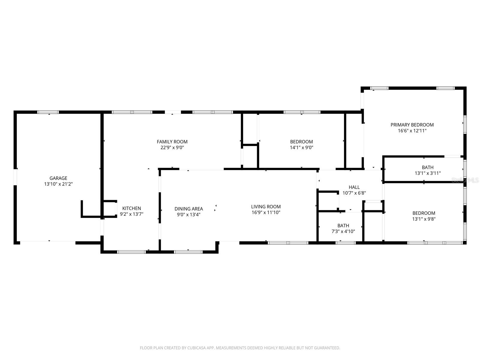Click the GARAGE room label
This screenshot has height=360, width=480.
tap(58, 178)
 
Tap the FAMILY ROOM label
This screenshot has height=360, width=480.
tap(172, 142)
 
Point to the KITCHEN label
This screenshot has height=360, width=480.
tap(131, 208)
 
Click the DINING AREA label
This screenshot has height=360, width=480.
tap(189, 209)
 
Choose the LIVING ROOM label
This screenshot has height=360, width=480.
tap(266, 207)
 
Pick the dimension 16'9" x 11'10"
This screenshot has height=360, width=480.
tap(266, 213)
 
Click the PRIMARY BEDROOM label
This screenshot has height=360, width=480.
tap(412, 125)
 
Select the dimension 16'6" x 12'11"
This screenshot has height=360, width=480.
tap(412, 131)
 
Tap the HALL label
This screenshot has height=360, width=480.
tap(354, 187)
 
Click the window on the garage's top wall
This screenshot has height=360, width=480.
tap(48, 112)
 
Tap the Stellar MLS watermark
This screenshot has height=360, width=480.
tap(465, 180)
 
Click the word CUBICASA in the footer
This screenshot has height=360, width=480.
tap(196, 348)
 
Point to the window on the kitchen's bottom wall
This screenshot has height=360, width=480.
tap(131, 252)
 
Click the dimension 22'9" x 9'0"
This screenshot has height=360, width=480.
tap(172, 148)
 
